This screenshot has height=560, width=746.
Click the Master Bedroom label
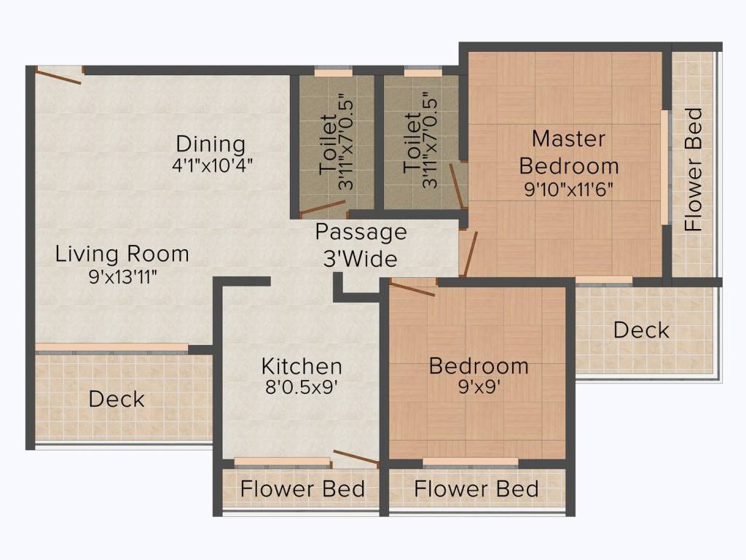click(569, 152)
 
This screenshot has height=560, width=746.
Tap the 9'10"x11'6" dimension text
click(568, 190)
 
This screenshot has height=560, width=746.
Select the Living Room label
click(122, 254)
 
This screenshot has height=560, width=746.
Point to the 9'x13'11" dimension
click(122, 276)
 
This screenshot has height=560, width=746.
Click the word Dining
click(211, 144)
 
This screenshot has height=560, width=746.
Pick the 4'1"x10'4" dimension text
click(212, 166)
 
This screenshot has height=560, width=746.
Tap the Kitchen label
click(302, 366)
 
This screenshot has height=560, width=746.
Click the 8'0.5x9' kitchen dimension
click(302, 387)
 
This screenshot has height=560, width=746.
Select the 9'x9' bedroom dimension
click(479, 386)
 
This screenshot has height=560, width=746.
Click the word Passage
click(361, 233)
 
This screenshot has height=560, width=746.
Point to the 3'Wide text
click(361, 259)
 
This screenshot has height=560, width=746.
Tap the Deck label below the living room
click(117, 399)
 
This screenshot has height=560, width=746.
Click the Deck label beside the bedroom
click(641, 330)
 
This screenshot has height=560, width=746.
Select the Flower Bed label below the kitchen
click(302, 489)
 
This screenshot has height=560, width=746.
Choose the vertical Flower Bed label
click(694, 170)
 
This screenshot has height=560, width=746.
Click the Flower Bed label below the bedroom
click(476, 489)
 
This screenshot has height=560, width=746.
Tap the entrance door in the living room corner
click(59, 77)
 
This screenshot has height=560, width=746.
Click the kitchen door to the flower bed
click(356, 456)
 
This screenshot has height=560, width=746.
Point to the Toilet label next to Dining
click(329, 144)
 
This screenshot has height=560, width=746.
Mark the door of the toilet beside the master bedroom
click(457, 186)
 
